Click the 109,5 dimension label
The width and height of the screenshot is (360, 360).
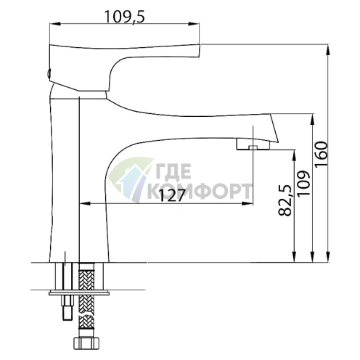124,17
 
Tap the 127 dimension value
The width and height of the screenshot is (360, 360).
172,195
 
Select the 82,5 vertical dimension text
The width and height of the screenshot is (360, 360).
285,200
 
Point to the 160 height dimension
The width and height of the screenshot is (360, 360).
322,155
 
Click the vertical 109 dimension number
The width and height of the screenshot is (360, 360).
303,184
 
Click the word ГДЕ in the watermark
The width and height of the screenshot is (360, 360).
172,171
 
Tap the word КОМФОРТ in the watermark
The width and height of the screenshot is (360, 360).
199,191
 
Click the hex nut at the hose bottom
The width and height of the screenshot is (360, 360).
86,343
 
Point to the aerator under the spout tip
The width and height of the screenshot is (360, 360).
253,145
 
